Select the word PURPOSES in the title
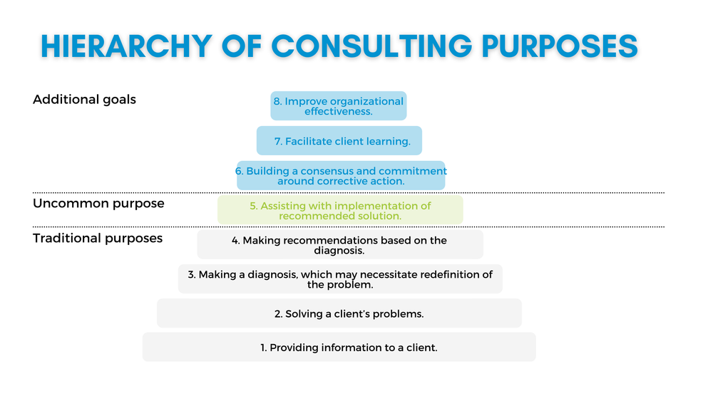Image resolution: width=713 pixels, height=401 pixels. coord(558,46)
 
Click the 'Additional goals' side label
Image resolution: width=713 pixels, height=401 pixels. coord(84,100)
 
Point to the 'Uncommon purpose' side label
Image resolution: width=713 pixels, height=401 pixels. coord(98,204)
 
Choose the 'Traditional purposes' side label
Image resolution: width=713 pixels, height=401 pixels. coord(98,238)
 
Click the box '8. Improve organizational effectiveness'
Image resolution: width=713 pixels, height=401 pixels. coord(339,105)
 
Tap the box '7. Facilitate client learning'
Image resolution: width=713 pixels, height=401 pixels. coord(339,141)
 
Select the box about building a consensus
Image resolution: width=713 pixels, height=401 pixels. coord(341,176)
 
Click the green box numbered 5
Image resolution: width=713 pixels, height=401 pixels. coord(340,210)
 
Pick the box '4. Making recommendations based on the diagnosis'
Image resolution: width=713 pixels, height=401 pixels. coord(340,244)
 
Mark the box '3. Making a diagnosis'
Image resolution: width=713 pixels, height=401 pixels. coord(340,279)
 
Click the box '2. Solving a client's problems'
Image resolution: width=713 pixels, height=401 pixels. coord(339,313)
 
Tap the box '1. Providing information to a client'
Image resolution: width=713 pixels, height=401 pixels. coord(339,348)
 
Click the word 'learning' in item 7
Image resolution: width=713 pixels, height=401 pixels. coord(389,142)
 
